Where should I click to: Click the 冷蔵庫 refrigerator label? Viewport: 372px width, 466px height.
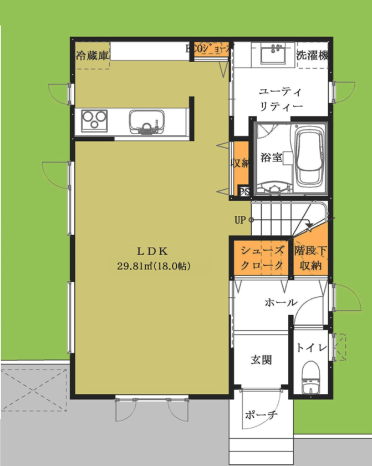coord(93,55)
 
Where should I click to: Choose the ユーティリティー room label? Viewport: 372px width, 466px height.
coord(281,98)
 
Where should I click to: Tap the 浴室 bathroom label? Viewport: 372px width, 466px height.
coord(271,158)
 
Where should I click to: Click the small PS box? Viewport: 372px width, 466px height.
coord(243,191)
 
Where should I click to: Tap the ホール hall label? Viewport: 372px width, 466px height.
coord(281,302)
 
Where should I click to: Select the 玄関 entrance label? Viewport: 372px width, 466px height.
coord(261,360)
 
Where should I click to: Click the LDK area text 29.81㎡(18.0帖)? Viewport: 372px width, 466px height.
coord(154,266)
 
